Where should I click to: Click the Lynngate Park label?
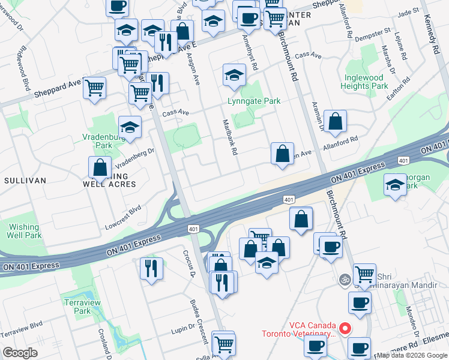254,101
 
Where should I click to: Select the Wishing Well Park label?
25,231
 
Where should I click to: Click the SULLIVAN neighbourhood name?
21,181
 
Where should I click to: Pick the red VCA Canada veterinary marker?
345,328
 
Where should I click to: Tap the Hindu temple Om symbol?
345,279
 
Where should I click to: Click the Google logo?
20,353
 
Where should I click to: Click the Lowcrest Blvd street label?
122,214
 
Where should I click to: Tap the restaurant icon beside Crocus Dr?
151,267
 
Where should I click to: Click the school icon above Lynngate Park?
234,74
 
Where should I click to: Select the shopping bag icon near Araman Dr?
335,120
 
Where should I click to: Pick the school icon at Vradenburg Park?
130,126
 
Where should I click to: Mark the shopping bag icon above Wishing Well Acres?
100,167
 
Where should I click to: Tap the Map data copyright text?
411,355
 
